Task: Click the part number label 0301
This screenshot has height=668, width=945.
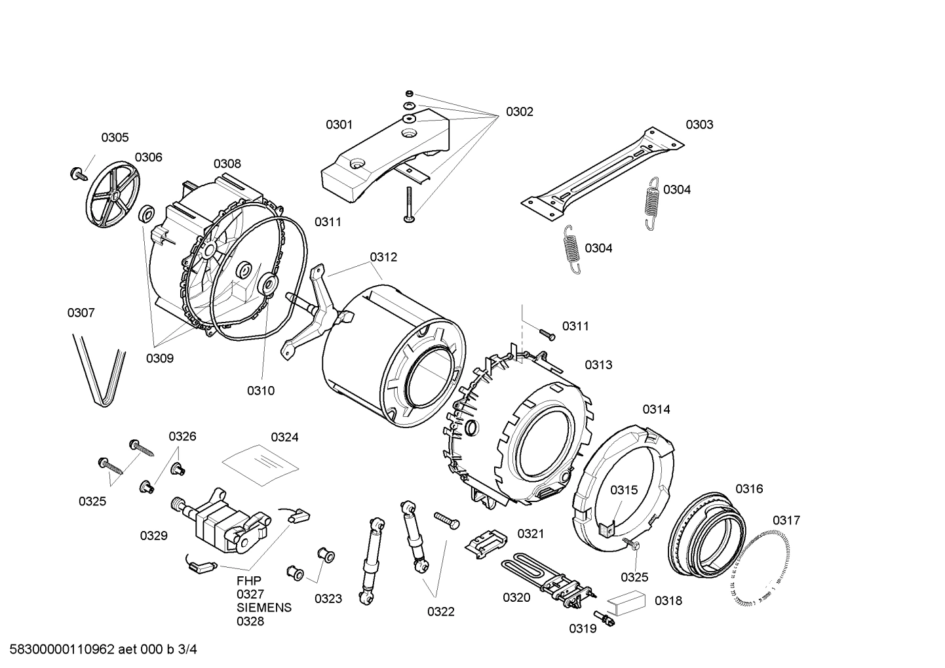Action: [339, 125]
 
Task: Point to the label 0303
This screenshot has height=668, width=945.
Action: [699, 125]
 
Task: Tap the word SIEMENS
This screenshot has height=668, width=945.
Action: [264, 608]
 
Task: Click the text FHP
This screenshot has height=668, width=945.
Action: [249, 581]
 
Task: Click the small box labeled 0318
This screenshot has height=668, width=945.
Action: [625, 601]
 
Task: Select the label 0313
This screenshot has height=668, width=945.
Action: [598, 365]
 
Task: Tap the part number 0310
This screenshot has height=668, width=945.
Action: [260, 391]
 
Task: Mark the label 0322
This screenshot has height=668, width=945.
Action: [440, 612]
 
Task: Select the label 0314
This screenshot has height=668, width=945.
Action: [656, 410]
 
